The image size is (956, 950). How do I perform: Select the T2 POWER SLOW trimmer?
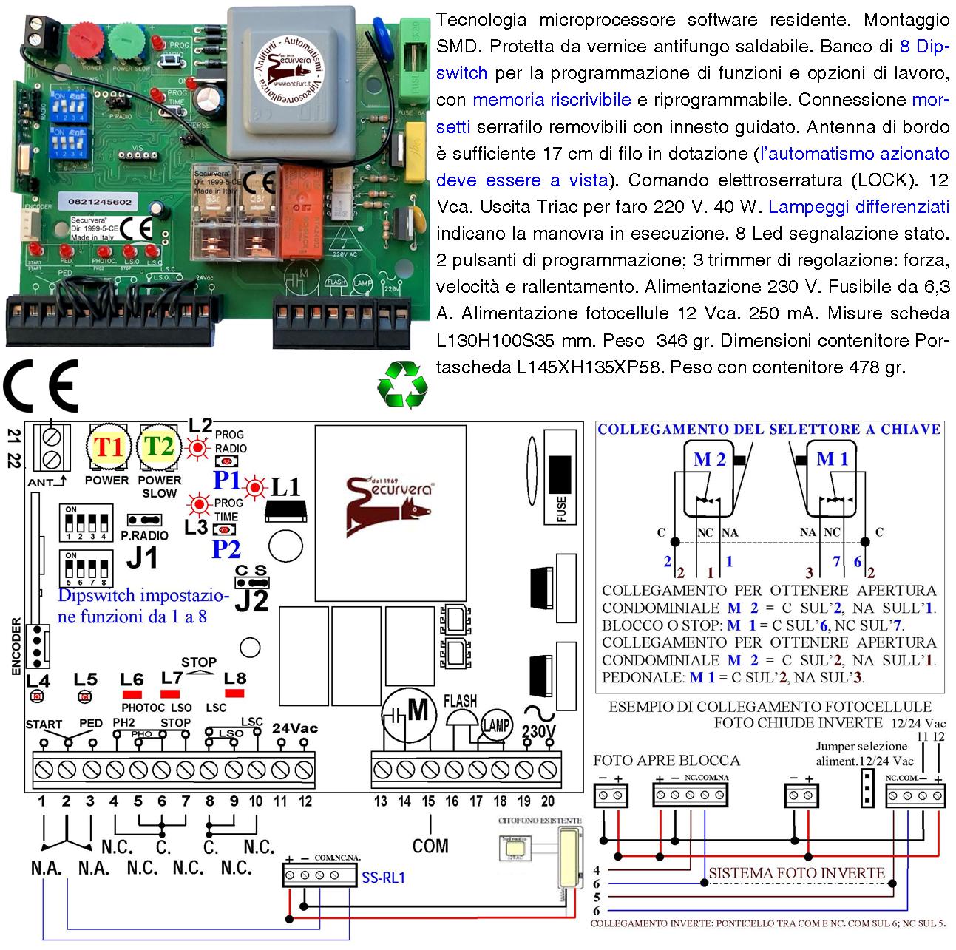click(160, 447)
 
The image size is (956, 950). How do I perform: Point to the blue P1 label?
click(227, 481)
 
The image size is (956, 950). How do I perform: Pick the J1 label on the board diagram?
click(143, 558)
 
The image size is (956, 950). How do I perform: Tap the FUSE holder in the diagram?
click(561, 480)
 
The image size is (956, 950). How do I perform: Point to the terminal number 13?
click(381, 801)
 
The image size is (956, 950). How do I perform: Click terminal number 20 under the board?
click(548, 801)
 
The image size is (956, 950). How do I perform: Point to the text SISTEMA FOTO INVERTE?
click(796, 873)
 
